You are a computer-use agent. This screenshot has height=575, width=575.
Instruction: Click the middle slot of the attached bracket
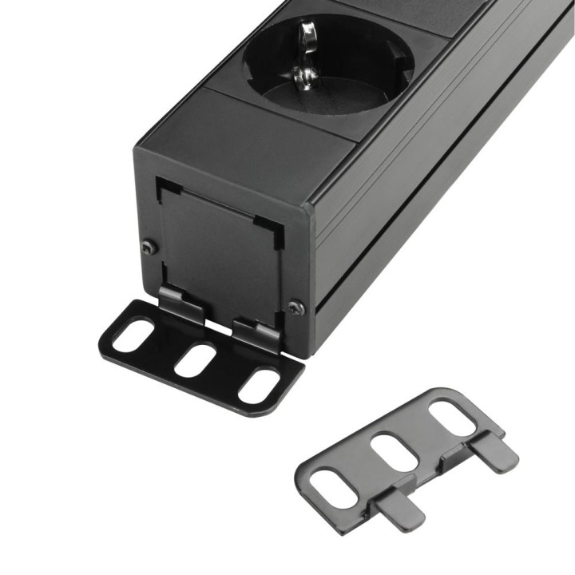point(195,360)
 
